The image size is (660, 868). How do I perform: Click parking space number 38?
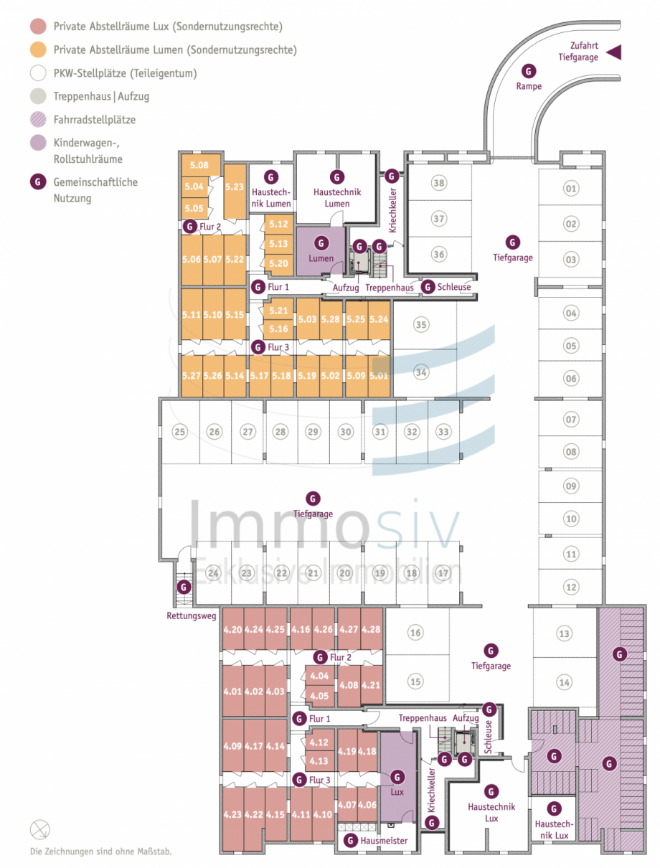pos(438,183)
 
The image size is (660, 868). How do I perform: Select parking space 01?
pos(571,189)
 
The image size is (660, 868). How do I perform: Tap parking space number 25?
pos(180,432)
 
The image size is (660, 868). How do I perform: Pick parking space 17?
pos(443,573)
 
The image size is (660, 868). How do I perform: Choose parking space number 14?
pos(565,682)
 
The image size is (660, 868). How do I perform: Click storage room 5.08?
pos(199,166)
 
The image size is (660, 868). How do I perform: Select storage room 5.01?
pos(378,374)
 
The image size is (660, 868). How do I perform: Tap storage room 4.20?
pos(232,630)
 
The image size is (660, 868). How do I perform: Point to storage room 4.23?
pos(232,814)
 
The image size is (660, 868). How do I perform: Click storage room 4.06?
pos(367,805)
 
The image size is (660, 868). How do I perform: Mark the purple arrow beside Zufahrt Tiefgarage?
pos(614,52)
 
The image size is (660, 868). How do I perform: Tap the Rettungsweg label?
pos(191,615)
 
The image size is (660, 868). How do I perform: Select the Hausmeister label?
pos(384,841)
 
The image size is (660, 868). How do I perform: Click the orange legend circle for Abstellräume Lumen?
pos(38,50)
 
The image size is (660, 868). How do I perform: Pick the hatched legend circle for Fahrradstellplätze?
pos(38,120)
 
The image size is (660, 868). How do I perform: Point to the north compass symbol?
pos(40,830)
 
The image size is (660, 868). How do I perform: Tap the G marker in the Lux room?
pos(397,776)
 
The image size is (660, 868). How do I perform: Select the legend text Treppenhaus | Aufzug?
pos(101,96)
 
